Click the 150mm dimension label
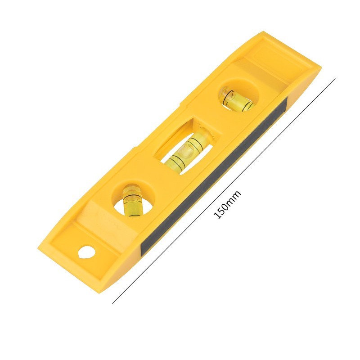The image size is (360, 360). pos(227,204)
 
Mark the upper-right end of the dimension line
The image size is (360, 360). pos(335,78)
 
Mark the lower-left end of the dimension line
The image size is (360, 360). pos(112,303)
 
